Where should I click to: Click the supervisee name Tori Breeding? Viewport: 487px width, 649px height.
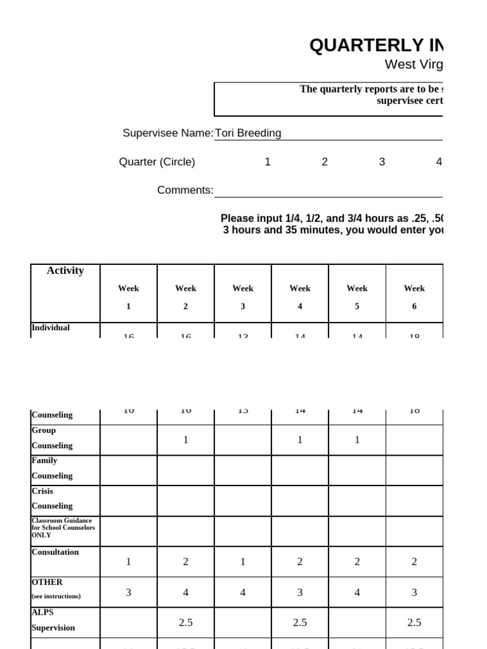(248, 133)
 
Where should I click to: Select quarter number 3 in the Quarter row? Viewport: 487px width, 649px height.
(382, 162)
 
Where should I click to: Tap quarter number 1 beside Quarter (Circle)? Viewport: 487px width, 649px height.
(268, 162)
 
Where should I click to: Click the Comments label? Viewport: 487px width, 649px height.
(185, 190)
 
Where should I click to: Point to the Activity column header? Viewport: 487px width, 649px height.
(65, 271)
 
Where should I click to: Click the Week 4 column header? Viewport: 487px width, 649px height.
(300, 297)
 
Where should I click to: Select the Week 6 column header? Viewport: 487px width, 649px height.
(414, 297)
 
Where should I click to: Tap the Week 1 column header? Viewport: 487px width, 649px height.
(129, 297)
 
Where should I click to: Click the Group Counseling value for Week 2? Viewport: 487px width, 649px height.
(186, 440)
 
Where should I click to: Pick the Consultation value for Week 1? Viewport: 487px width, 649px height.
(129, 562)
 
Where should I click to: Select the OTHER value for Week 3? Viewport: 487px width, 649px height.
(243, 593)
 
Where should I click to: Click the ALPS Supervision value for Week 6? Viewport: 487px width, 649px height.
(414, 623)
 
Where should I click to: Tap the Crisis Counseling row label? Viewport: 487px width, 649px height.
(52, 498)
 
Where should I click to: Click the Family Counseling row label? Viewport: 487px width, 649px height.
(52, 468)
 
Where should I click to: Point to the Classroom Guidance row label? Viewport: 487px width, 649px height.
(63, 527)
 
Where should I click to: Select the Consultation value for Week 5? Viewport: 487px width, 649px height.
(357, 562)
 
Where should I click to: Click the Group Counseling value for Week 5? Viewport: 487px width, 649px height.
(357, 440)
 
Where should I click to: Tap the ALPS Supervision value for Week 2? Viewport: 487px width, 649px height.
(186, 623)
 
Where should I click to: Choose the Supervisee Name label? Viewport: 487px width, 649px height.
(167, 133)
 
